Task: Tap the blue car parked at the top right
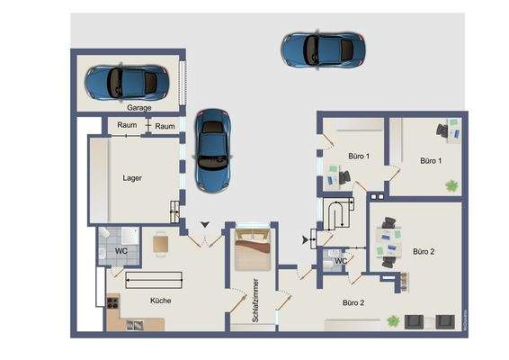coord(323,49)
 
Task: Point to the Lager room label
coord(132,177)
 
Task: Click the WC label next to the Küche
coord(121,251)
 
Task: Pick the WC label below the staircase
coord(340,262)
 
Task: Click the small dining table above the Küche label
coord(160,242)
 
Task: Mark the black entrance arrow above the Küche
coord(206,224)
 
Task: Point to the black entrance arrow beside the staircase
coord(302,239)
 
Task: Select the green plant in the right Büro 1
coord(451,185)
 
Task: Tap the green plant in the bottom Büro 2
coord(392,319)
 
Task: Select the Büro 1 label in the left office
coord(358,157)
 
